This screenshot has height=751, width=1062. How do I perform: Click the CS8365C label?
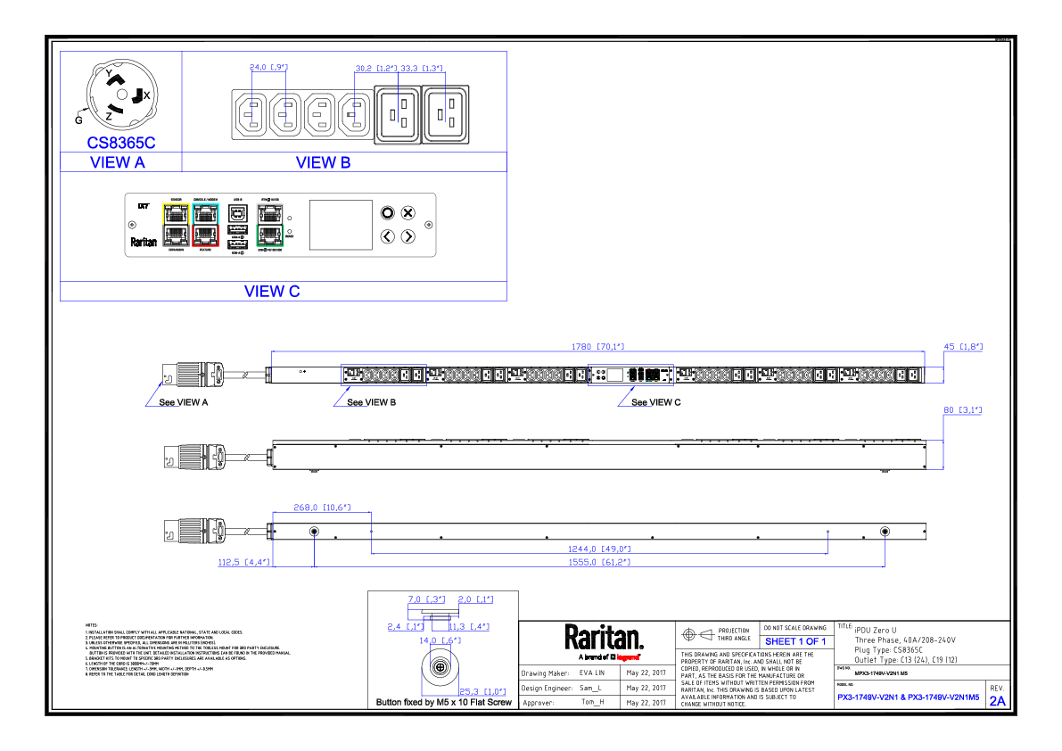point(121,143)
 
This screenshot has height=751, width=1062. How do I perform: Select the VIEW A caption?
point(118,164)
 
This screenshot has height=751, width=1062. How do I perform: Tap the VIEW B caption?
point(324,164)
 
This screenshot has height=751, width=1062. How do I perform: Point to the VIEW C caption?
point(272,293)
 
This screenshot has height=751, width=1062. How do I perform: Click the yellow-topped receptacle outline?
point(176,225)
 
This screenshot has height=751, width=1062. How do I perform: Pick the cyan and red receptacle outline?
point(205,225)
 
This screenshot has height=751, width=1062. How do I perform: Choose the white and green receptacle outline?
point(270,225)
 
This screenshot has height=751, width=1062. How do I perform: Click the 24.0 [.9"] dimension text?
point(268,68)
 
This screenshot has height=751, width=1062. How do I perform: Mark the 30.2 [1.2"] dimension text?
point(375,69)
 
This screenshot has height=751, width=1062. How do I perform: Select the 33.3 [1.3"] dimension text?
point(422,69)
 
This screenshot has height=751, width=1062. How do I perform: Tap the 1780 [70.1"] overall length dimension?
point(597,347)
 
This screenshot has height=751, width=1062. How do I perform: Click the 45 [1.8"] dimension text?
point(963,347)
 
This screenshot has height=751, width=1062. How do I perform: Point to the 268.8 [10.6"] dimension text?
point(321,508)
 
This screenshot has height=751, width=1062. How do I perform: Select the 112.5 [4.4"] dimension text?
point(243,563)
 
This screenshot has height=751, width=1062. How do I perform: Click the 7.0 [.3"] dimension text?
point(426,599)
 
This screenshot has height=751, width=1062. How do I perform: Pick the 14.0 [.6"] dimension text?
point(440,640)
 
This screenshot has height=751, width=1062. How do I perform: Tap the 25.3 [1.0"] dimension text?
point(482,692)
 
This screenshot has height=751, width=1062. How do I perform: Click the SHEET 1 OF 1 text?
point(795,642)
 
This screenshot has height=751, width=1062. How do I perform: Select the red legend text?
point(628,657)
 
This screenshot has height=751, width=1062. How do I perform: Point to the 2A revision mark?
point(997,701)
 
